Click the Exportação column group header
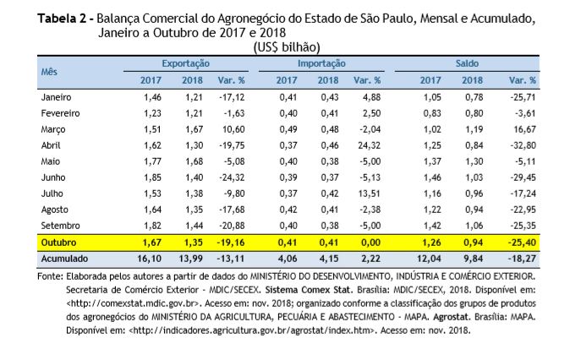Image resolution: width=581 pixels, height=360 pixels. pos(186,63)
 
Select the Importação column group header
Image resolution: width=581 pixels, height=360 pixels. pos(321,63)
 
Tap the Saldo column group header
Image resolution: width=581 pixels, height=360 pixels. pos(467,63)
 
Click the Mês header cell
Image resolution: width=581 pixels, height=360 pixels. pos(49,72)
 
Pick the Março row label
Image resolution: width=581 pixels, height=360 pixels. pos(53,129)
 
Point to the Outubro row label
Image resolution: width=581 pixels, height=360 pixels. pos(58,243)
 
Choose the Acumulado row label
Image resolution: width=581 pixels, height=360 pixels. pos(64,259)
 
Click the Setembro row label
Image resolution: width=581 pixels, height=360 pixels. pos(60,226)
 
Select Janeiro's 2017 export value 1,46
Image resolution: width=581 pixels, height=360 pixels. pos(153,97)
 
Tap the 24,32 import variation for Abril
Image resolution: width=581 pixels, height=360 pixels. pos(370,145)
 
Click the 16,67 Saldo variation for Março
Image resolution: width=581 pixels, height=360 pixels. pos(524,129)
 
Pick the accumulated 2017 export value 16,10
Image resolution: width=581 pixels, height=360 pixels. pos(150,259)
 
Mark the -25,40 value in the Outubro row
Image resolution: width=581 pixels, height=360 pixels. pos(522,243)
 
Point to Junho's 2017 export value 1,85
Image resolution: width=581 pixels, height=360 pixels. pos(153,177)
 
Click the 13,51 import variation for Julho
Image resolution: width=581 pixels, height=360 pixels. pos(370,194)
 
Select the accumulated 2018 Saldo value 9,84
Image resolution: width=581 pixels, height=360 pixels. pos(474,259)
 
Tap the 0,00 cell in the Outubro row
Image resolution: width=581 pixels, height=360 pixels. pos(371,243)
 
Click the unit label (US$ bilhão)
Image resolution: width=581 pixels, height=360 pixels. pos(287,47)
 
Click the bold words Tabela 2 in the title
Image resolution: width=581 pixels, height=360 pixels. pos(62,18)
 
